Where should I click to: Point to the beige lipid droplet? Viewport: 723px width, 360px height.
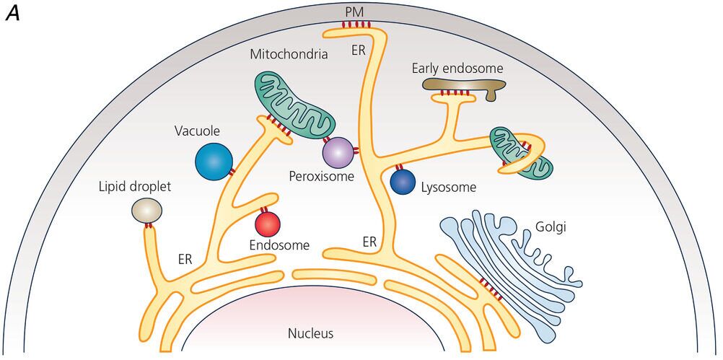pos(146,211)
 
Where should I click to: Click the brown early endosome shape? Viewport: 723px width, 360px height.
pos(458,87)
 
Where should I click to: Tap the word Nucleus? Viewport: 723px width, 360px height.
pos(310,333)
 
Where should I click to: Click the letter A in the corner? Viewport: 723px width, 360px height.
pos(12,14)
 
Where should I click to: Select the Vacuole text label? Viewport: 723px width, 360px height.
pos(196,131)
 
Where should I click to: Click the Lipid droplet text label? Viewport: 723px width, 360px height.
pos(136,187)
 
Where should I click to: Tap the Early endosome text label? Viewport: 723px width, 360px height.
pos(457,69)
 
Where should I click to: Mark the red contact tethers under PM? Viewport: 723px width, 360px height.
pos(355,26)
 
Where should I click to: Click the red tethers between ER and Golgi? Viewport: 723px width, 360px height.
pos(490,288)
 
